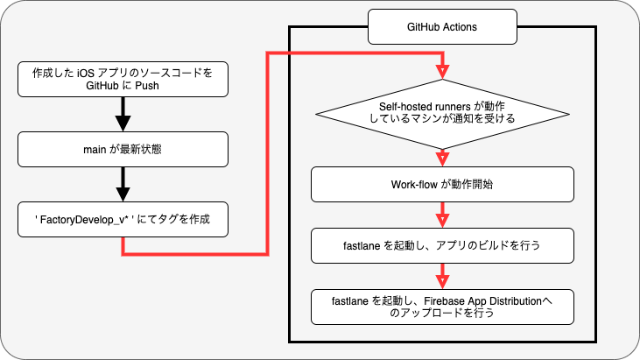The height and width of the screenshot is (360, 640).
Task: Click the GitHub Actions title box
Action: pyautogui.click(x=442, y=26)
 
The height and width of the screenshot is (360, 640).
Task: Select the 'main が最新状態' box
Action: pyautogui.click(x=123, y=150)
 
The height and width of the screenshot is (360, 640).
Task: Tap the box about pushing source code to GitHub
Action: pyautogui.click(x=123, y=79)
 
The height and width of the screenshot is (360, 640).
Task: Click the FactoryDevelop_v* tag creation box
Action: pyautogui.click(x=123, y=219)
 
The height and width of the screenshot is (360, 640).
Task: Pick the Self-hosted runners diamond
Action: pyautogui.click(x=442, y=114)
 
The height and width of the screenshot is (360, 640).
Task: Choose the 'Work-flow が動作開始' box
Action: pyautogui.click(x=442, y=185)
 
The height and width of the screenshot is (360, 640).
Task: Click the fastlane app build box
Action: pyautogui.click(x=442, y=246)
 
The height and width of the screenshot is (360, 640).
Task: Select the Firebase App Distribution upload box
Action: pyautogui.click(x=442, y=307)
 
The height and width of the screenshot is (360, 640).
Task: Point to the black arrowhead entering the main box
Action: pyautogui.click(x=123, y=124)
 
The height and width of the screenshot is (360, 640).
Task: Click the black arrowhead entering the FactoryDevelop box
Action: pyautogui.click(x=123, y=194)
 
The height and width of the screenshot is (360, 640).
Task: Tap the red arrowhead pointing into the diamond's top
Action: pyautogui.click(x=442, y=72)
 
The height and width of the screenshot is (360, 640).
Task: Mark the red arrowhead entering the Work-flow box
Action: pyautogui.click(x=442, y=159)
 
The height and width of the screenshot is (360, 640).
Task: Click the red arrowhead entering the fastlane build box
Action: pyautogui.click(x=442, y=221)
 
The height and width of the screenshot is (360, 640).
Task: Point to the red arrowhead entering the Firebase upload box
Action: pyautogui.click(x=442, y=282)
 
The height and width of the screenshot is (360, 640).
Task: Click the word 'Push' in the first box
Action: pyautogui.click(x=147, y=86)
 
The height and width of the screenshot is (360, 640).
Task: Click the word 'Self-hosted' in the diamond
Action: pyautogui.click(x=404, y=107)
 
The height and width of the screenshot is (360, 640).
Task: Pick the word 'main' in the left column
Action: pyautogui.click(x=95, y=150)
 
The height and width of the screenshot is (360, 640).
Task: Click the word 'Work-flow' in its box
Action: pyautogui.click(x=414, y=185)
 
